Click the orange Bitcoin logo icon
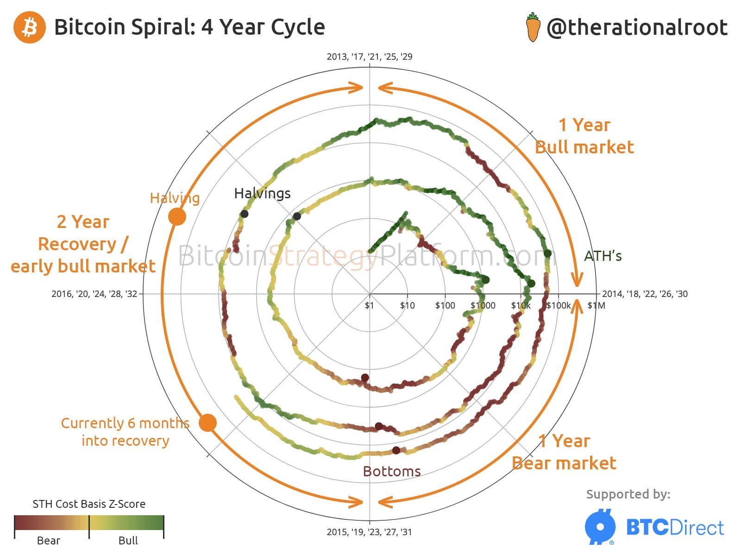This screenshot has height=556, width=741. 30,27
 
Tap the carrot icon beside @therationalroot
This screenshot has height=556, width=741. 533,28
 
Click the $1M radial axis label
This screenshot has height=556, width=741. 596,305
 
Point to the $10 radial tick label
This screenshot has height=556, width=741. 407,305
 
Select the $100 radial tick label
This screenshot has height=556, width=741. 445,305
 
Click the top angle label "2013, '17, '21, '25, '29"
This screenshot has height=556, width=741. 370,57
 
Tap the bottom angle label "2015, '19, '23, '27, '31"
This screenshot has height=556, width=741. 369,532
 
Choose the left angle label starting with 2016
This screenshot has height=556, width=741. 94,294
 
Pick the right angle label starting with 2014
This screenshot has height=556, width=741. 645,294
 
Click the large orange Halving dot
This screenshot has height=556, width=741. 177,216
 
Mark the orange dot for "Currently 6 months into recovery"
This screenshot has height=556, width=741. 207,423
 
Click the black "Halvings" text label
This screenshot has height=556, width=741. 262,193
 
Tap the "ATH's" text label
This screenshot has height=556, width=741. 603,256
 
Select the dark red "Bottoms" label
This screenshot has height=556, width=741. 392,471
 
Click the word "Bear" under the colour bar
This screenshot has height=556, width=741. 48,541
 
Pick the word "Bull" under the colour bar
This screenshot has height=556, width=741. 128,541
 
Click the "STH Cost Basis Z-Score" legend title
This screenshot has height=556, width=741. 89,504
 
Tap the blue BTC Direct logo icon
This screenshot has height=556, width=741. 600,527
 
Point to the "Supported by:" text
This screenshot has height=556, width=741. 628,494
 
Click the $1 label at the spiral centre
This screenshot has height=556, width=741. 369,305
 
